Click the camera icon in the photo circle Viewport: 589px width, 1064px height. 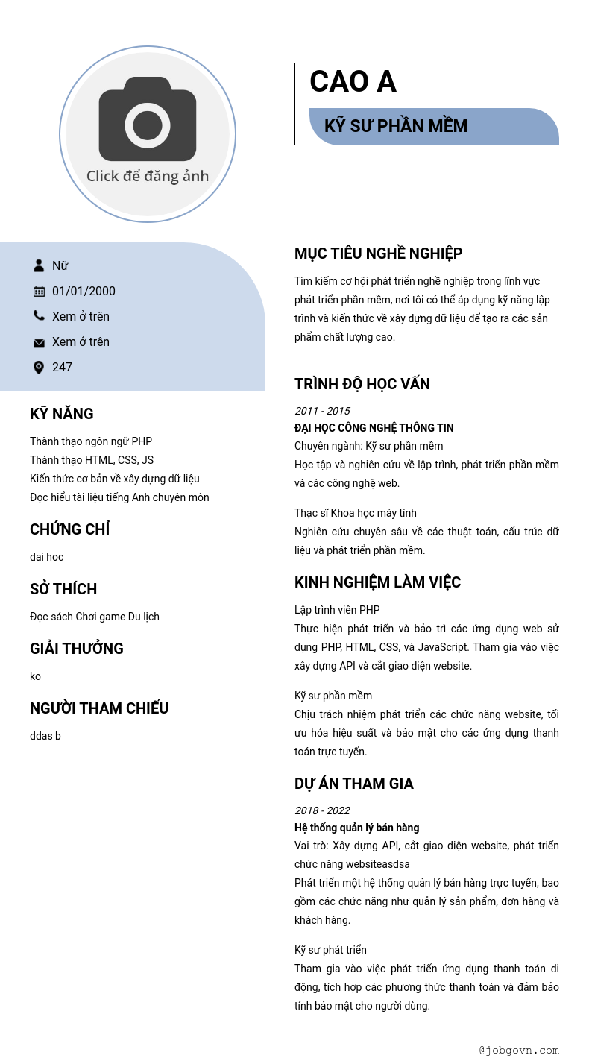148,119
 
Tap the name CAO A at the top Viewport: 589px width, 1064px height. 353,81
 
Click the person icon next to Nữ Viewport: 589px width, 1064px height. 39,265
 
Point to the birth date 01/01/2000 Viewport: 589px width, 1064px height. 84,291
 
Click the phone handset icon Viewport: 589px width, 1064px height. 39,316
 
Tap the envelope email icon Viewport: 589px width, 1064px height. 39,342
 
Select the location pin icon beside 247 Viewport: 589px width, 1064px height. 39,367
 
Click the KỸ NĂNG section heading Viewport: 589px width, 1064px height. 62,414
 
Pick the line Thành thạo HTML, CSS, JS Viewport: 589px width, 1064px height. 92,460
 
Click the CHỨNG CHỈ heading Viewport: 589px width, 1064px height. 69,529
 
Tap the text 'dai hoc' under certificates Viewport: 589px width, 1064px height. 46,557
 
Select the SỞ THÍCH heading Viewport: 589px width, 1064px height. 63,589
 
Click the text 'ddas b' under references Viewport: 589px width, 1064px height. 45,736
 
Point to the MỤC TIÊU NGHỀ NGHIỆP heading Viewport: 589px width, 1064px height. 378,254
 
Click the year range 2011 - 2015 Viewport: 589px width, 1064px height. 322,411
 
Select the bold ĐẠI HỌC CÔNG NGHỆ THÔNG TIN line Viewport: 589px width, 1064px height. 374,428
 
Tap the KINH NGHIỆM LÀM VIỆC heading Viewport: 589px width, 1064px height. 377,582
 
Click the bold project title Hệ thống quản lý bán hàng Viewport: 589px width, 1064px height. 356,828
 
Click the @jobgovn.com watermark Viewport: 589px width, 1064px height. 519,1050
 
